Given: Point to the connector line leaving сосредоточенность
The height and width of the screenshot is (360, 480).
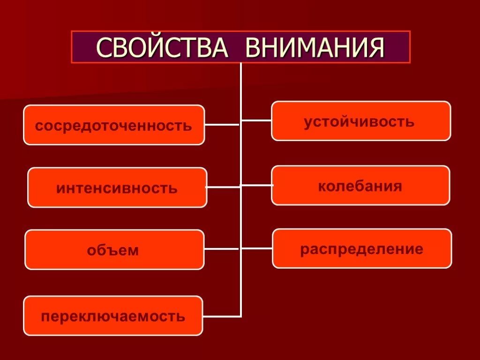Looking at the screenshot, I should [x=222, y=125].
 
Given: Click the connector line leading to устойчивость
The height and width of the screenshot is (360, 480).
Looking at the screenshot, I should [x=256, y=120].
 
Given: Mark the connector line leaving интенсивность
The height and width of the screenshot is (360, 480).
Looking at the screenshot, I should [x=223, y=187].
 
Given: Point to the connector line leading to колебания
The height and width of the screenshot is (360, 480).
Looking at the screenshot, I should [x=256, y=185].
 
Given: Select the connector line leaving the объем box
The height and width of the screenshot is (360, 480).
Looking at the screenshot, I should [x=222, y=249].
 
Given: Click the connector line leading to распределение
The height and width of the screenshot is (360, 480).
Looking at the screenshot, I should [x=257, y=248].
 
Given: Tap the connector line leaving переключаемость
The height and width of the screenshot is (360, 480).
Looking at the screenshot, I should [x=222, y=316].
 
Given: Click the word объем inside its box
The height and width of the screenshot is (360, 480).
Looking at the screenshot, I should [x=113, y=250].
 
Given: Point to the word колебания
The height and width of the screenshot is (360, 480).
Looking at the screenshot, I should [x=360, y=186].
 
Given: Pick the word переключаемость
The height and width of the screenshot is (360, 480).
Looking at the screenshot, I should [x=113, y=316].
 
